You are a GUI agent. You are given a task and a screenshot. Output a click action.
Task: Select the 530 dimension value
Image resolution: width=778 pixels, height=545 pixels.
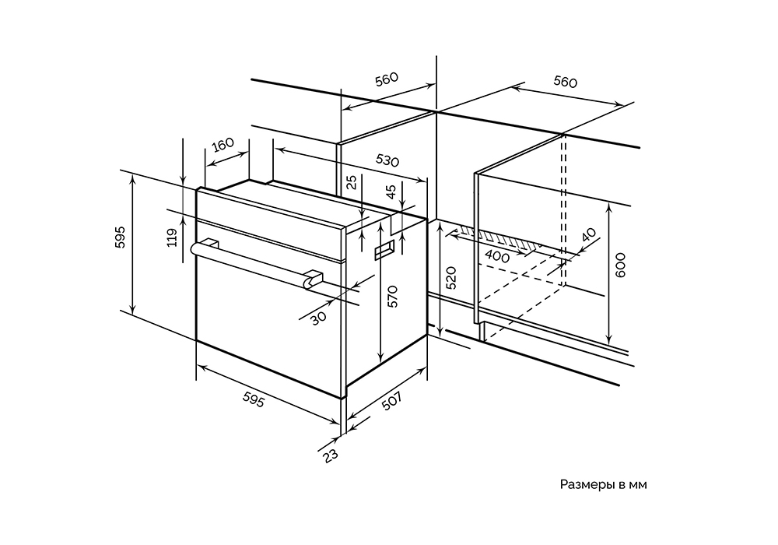coord(387,160)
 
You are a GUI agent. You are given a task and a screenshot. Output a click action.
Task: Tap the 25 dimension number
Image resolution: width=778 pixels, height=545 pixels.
coord(352,183)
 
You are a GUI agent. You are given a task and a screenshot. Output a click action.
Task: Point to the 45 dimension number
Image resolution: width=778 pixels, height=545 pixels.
coord(391,191)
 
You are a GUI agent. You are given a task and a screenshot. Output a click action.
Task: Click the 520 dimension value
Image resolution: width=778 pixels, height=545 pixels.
coord(452,278)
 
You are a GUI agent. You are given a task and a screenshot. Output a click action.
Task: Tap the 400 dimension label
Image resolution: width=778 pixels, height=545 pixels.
coord(496,257)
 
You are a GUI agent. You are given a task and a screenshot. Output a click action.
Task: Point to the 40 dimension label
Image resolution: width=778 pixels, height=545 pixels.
coord(587,236)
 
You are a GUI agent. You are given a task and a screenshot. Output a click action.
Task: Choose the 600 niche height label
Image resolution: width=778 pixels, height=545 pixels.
coord(620,266)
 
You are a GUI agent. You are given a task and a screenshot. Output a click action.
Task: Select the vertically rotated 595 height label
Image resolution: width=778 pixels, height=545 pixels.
coord(120,237)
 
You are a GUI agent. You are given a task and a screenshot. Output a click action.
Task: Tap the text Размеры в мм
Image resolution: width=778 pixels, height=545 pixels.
coord(603,484)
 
